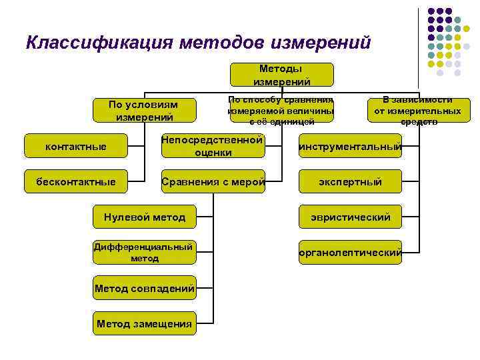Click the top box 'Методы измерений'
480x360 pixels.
(281, 75)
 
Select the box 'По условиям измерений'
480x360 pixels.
(145, 111)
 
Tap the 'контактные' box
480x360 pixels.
(75, 146)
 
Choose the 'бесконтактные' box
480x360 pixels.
(75, 181)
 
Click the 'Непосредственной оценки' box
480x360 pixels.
(213, 146)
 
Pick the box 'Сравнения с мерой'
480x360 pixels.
(213, 181)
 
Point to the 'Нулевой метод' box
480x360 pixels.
(145, 217)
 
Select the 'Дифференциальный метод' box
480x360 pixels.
(145, 252)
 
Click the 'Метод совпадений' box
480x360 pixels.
(145, 288)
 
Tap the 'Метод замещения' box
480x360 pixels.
(145, 323)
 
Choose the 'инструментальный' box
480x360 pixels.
(351, 146)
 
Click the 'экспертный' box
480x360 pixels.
(351, 181)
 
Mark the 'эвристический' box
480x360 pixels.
(351, 217)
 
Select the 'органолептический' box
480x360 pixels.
(351, 252)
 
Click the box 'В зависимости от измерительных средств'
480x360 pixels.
(419, 111)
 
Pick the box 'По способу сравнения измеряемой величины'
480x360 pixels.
(281, 111)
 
